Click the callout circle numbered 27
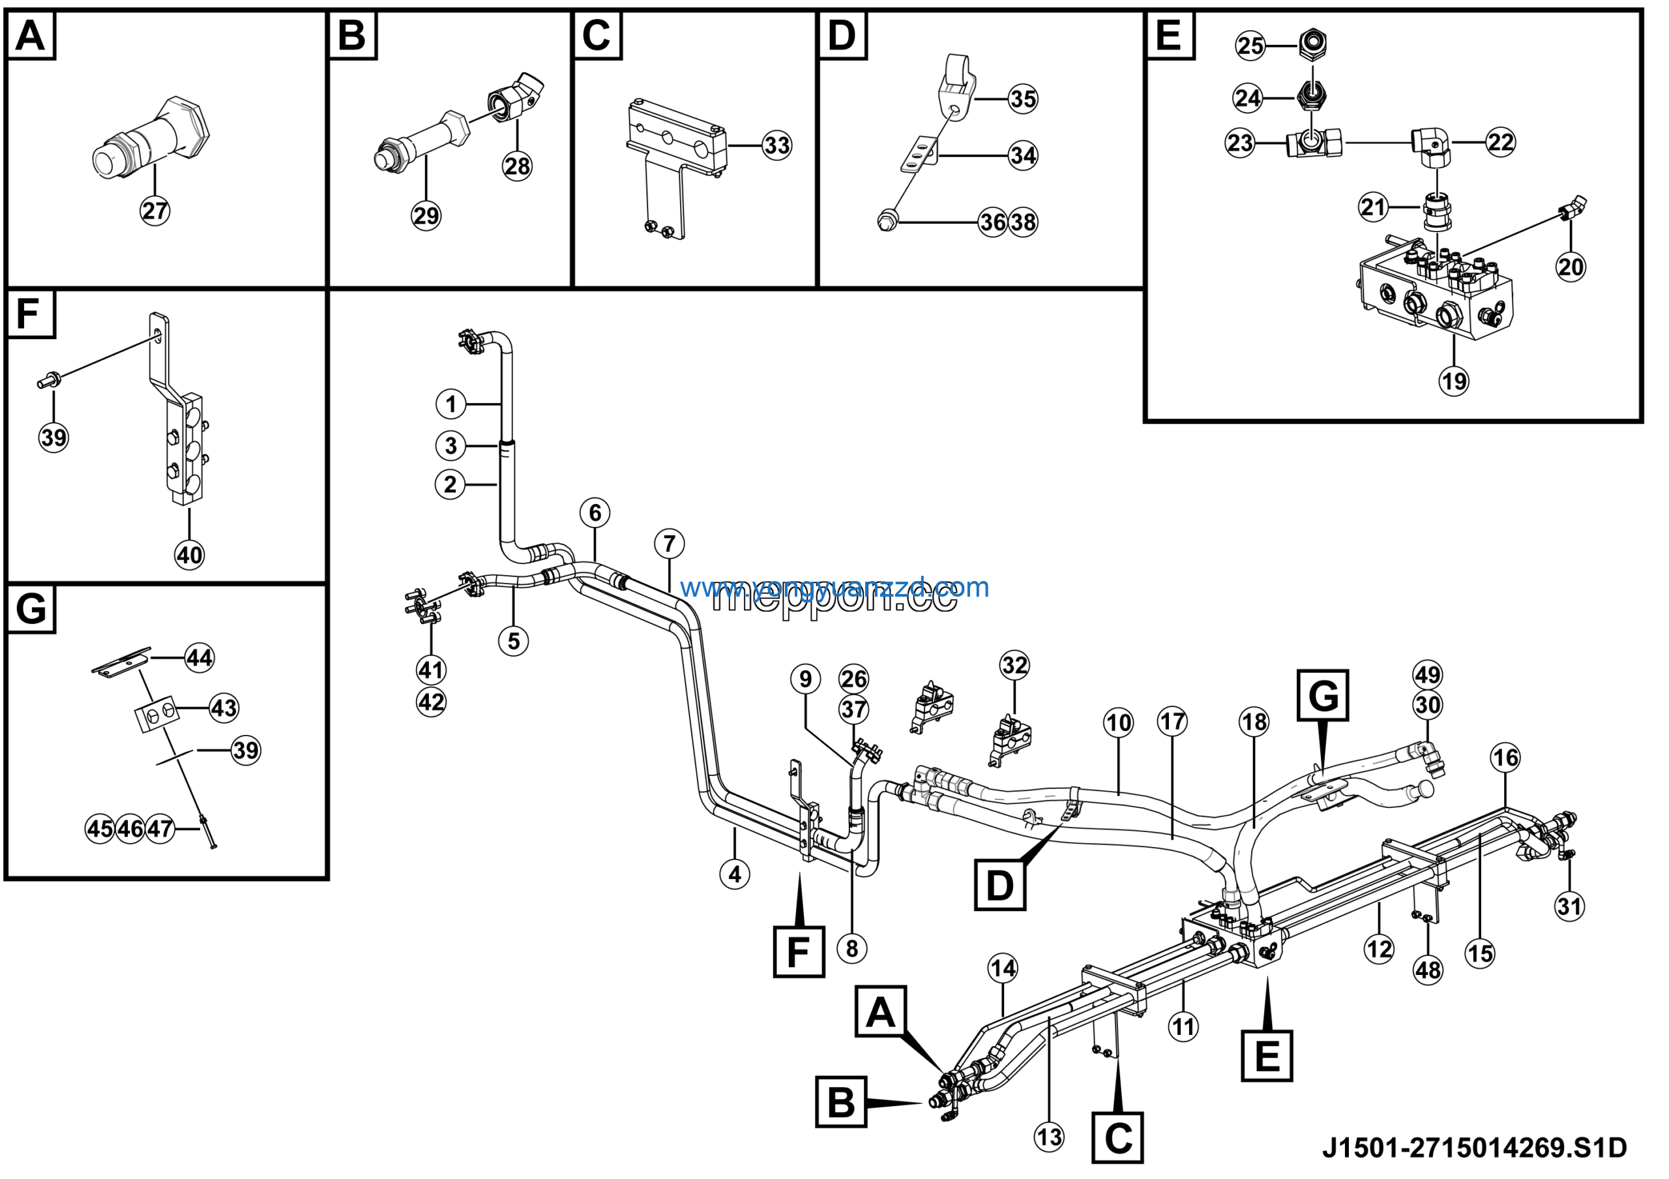pos(155,211)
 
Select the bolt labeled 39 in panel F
pos(49,381)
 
